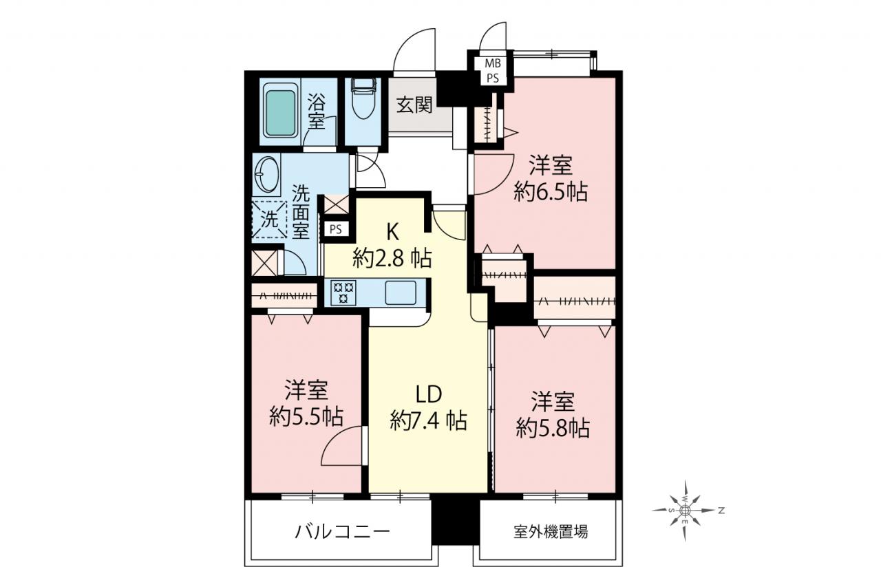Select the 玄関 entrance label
[414, 105]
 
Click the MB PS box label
[492, 71]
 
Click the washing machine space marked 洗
[270, 220]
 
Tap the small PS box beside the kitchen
[336, 229]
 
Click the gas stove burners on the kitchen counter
[343, 292]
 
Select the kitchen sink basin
[401, 293]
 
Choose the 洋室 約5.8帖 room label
[553, 415]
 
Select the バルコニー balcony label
[342, 532]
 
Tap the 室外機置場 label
[551, 533]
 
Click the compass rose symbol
[685, 511]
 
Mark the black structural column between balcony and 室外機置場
[455, 522]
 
